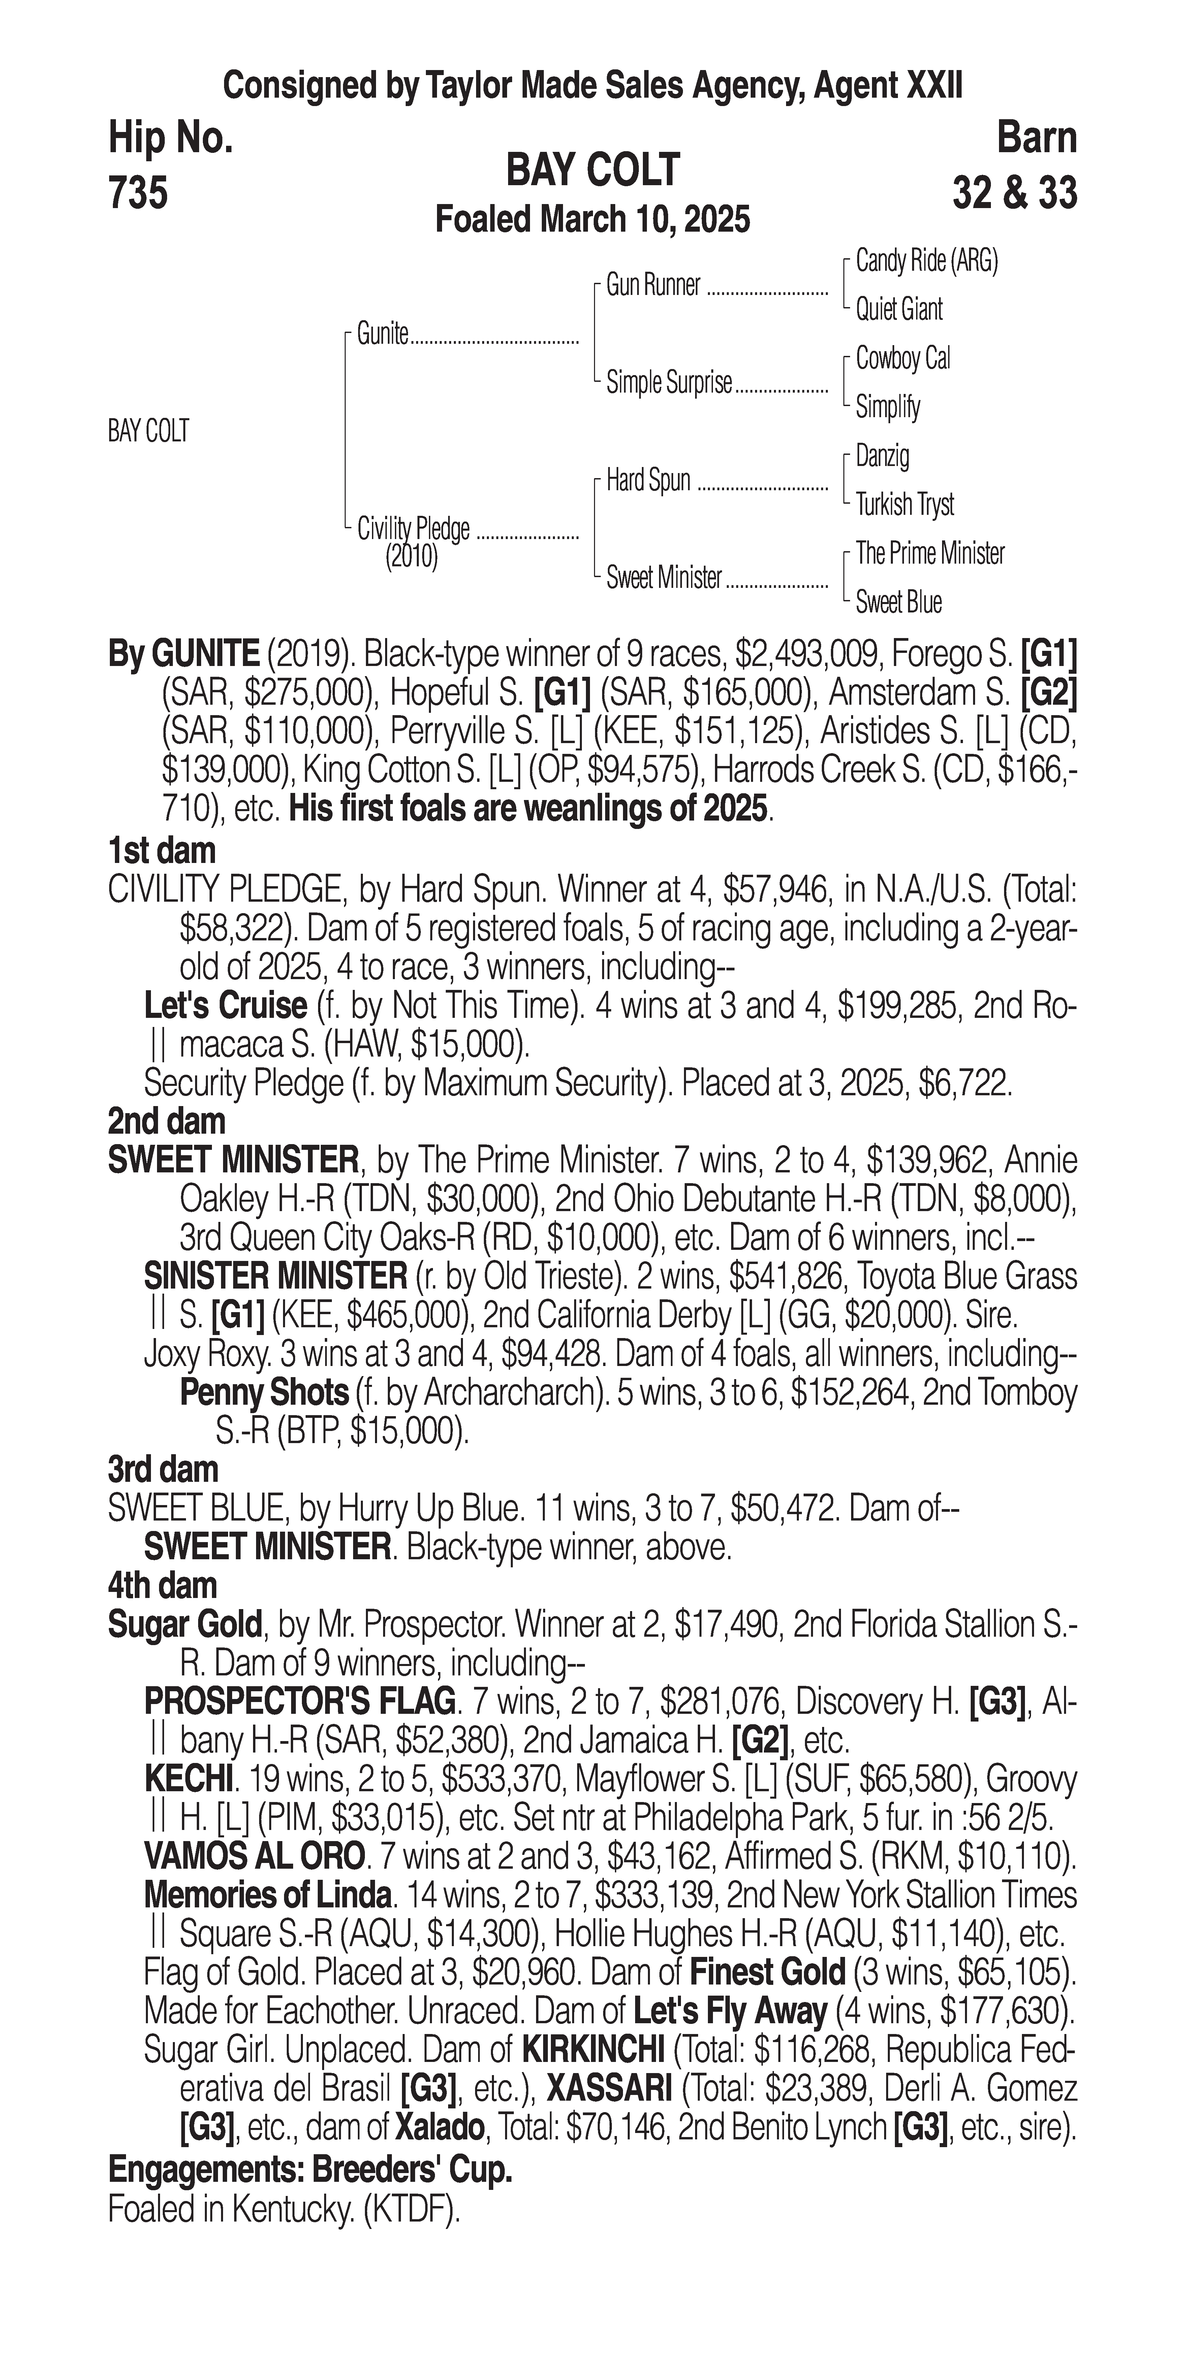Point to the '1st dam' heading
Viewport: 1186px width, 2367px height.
(162, 851)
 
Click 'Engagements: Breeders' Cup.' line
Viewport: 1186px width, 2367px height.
(310, 2171)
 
